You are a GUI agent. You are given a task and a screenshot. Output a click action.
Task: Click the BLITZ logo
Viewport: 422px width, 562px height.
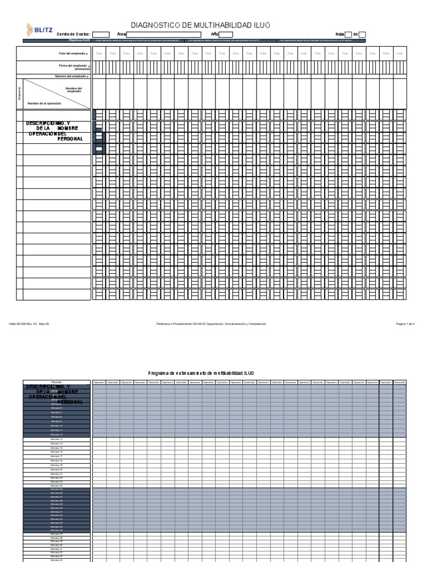[40, 30]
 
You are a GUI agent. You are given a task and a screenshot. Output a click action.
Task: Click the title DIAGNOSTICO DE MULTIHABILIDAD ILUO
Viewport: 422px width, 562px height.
[200, 25]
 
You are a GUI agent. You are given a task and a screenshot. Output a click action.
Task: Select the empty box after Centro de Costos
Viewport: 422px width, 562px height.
[101, 34]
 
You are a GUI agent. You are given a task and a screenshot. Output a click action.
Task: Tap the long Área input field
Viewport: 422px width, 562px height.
[163, 34]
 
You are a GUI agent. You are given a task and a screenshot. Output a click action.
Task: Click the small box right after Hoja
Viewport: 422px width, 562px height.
[348, 34]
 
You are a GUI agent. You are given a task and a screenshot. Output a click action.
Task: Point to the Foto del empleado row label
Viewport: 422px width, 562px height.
[73, 53]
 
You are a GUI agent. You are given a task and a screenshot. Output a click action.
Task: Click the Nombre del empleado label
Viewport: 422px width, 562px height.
[74, 89]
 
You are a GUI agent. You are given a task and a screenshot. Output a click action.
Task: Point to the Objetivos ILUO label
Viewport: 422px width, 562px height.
[80, 40]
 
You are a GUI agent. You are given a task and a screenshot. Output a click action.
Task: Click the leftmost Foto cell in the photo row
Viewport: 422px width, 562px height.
[99, 53]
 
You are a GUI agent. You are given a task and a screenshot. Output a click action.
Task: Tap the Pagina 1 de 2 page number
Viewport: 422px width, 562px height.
[405, 324]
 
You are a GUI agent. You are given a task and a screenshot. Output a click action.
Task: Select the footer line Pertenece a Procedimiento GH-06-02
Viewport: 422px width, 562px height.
[211, 324]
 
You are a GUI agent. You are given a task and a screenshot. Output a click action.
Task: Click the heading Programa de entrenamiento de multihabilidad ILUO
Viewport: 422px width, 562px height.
[202, 373]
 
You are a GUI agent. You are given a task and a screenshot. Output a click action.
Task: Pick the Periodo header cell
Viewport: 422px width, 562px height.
[57, 381]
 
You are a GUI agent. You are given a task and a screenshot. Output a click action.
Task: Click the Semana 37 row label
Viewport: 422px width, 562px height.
[57, 534]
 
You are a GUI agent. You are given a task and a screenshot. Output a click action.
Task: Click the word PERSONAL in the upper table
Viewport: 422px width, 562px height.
[70, 139]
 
